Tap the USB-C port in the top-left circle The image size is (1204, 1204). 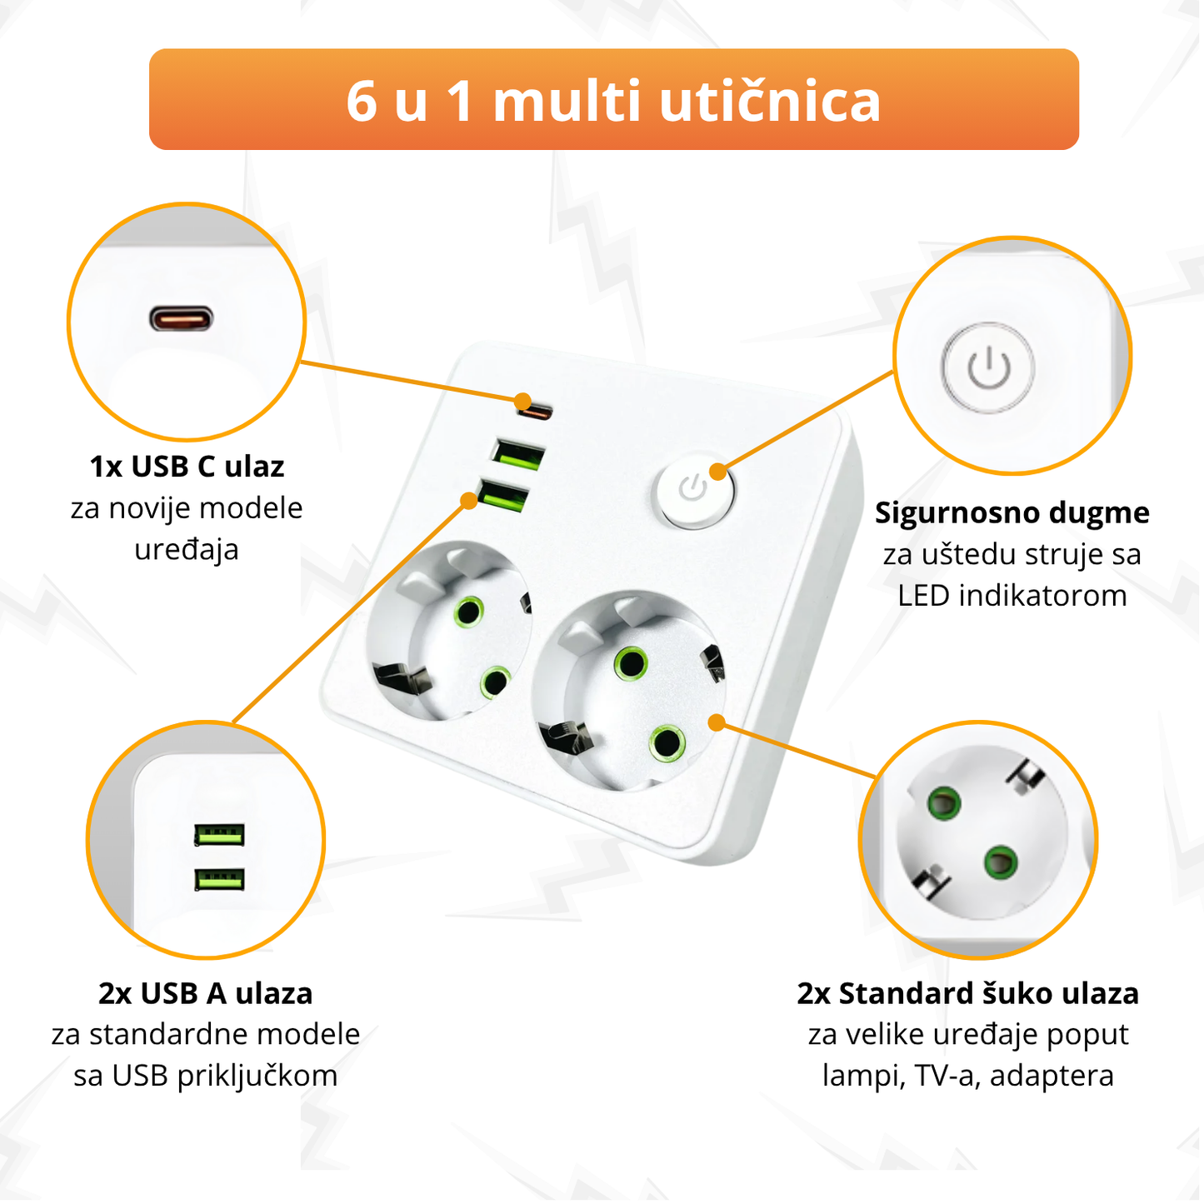(x=182, y=318)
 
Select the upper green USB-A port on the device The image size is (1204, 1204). (x=517, y=455)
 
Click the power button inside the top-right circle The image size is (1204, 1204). (x=988, y=367)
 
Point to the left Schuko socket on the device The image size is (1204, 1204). (x=450, y=632)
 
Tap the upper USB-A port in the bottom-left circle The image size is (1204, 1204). (x=219, y=834)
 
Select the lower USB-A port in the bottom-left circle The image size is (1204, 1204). (x=219, y=879)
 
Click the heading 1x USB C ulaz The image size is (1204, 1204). (x=187, y=467)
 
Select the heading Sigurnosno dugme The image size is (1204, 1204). (x=1012, y=512)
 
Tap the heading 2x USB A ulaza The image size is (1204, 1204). (x=205, y=993)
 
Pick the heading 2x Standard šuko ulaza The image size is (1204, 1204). (x=967, y=993)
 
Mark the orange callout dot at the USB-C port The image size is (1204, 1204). (x=523, y=401)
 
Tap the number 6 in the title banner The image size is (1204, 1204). (x=362, y=102)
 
